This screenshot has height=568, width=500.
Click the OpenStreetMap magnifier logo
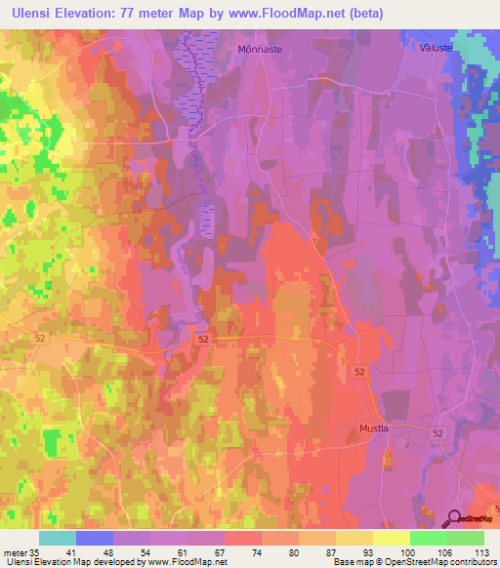455,519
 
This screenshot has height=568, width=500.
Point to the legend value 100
392,551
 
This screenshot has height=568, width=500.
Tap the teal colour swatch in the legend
58,538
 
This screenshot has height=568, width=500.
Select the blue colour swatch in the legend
95,538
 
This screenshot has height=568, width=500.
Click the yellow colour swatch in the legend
391,538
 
